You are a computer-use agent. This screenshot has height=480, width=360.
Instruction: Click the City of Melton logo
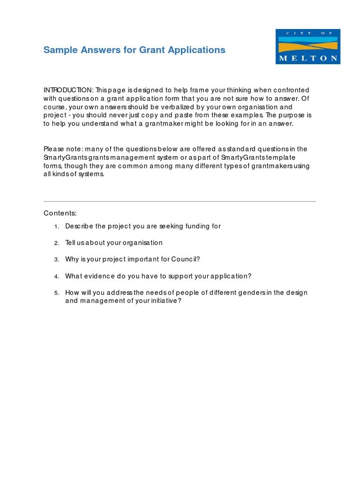(x=307, y=46)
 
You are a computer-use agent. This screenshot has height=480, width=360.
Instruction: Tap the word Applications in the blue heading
(x=200, y=50)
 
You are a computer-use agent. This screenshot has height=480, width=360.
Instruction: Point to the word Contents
(x=60, y=213)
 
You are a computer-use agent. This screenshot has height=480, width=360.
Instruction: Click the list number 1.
(x=56, y=226)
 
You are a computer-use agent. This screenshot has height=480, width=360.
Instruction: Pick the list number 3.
(x=56, y=260)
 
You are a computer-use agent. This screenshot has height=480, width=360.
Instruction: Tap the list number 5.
(x=56, y=293)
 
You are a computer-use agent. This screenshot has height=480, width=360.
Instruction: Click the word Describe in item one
(x=79, y=226)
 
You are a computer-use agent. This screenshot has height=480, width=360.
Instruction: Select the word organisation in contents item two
(x=142, y=243)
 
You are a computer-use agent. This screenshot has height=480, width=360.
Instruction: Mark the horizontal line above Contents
(x=180, y=202)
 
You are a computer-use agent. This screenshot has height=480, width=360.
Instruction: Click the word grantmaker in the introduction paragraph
(x=140, y=124)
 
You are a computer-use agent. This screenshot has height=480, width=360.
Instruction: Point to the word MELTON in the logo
(x=307, y=59)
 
